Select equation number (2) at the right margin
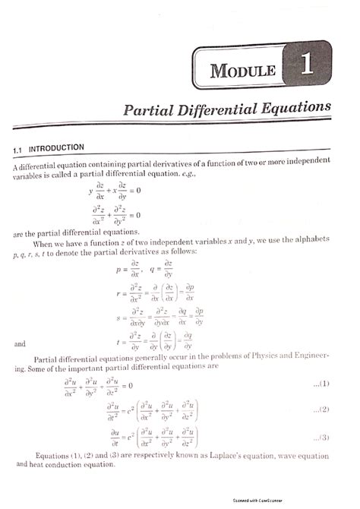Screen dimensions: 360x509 320,410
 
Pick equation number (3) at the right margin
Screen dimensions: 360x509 320,437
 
